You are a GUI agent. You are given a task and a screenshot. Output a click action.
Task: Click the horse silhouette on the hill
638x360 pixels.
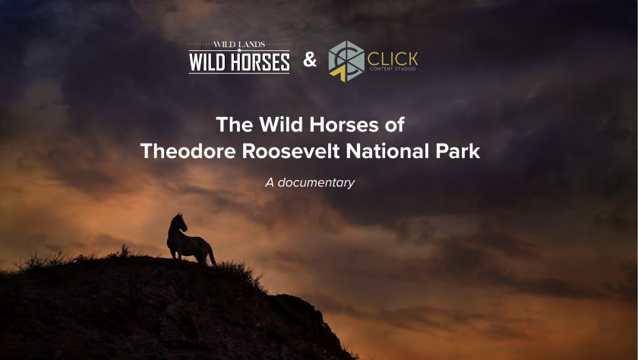(x=189, y=242)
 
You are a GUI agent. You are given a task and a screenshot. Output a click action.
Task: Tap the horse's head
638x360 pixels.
(x=179, y=222)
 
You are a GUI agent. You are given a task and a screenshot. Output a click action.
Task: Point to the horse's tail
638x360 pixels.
(x=212, y=256)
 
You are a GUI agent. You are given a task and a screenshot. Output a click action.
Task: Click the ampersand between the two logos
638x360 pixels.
(x=310, y=60)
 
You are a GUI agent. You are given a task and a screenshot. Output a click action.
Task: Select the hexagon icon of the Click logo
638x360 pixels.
(x=346, y=61)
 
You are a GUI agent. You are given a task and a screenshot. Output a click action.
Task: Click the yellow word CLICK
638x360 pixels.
(x=393, y=59)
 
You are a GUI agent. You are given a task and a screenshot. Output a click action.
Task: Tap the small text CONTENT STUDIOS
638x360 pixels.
(x=393, y=69)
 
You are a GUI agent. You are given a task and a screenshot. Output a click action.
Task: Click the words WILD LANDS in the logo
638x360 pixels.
(x=239, y=44)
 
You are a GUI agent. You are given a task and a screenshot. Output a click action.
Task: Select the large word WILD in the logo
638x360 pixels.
(x=207, y=62)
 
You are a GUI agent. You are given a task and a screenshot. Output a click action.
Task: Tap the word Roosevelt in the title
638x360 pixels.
(x=292, y=151)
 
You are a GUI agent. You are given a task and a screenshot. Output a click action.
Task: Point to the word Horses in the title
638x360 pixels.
(x=344, y=125)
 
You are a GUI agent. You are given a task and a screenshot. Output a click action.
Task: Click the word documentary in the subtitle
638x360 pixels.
(x=316, y=183)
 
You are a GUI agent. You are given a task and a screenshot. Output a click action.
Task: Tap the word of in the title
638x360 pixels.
(x=394, y=125)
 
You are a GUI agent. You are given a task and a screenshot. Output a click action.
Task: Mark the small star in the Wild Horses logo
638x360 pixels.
(x=239, y=50)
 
